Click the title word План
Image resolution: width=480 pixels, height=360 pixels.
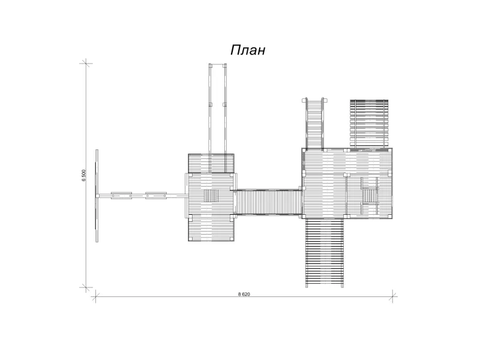[x=248, y=50]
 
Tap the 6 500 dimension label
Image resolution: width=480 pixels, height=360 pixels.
[x=83, y=175]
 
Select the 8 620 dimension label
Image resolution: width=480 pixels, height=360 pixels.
[x=244, y=294]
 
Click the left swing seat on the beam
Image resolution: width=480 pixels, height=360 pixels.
[x=122, y=196]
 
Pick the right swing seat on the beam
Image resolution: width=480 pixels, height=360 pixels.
[x=156, y=196]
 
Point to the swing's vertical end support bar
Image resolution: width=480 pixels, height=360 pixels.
[x=97, y=196]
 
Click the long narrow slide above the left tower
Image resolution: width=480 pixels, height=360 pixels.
[x=218, y=118]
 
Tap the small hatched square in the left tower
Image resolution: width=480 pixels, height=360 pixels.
[x=211, y=196]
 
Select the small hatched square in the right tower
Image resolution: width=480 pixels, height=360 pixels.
[x=370, y=196]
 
